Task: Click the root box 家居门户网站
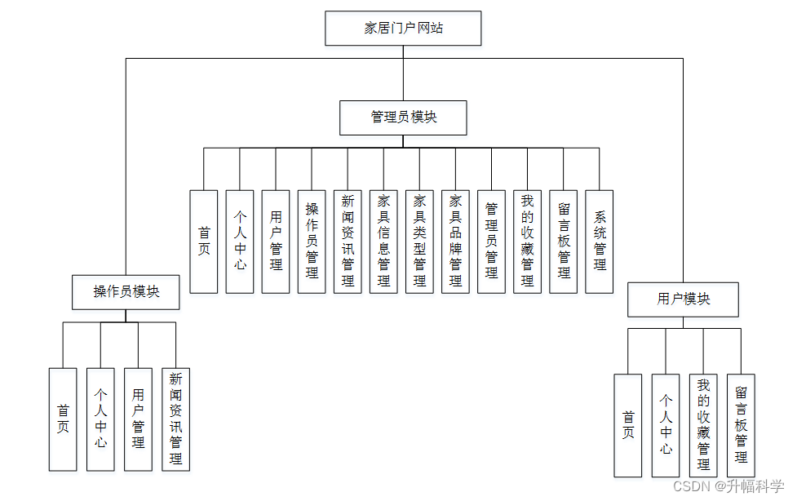click(403, 29)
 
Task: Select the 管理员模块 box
click(403, 117)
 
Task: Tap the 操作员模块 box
click(126, 292)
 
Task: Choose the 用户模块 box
click(683, 299)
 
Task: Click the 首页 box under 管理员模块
click(204, 242)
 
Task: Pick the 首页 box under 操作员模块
click(63, 419)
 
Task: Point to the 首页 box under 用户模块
click(627, 425)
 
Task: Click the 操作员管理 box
click(312, 242)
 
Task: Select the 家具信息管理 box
click(383, 242)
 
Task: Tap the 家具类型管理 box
click(419, 242)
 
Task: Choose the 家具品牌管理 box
click(455, 242)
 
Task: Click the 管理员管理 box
click(491, 242)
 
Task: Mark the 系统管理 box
click(600, 242)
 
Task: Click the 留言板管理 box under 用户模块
click(741, 425)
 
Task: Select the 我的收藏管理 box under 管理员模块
click(527, 242)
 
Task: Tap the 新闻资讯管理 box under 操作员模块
click(175, 419)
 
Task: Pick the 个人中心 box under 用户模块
click(666, 425)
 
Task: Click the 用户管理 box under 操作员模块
click(138, 419)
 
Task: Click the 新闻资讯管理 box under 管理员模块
click(348, 242)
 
